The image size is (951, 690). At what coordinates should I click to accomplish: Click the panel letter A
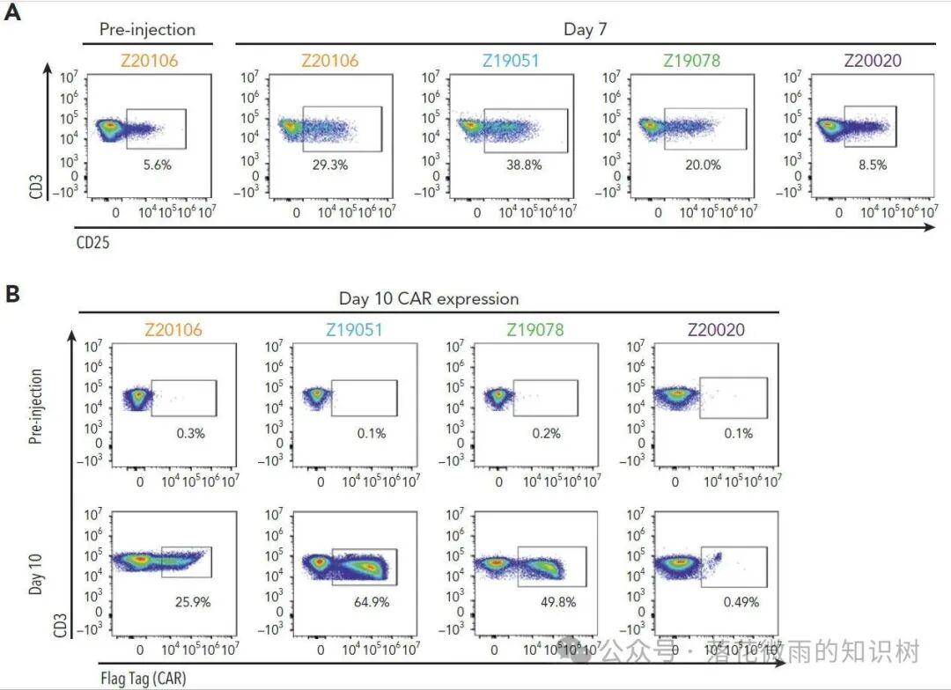(12, 15)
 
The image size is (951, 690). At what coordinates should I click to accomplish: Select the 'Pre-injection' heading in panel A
(147, 29)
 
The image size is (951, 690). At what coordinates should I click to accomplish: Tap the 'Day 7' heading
(585, 29)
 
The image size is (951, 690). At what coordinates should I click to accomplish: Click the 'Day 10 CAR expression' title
(429, 298)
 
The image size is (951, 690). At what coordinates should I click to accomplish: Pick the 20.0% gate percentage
(702, 165)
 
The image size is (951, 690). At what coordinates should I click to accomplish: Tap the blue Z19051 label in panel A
(511, 61)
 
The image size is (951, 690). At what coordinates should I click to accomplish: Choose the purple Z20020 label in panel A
(874, 61)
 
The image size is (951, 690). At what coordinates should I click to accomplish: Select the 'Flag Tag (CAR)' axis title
(142, 677)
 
